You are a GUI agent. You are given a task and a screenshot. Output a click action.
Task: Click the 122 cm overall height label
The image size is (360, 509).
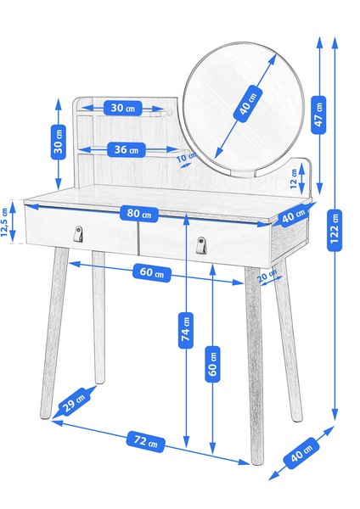click(335, 230)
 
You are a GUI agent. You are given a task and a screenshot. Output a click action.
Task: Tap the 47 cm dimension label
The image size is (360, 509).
click(318, 115)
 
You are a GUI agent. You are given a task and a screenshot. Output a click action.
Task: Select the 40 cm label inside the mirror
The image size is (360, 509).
click(248, 103)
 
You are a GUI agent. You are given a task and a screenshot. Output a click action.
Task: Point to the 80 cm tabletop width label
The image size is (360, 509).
click(139, 214)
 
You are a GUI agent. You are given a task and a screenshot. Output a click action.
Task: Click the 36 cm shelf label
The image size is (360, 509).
click(126, 149)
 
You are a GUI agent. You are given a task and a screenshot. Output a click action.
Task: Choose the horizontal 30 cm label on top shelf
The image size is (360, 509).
click(123, 108)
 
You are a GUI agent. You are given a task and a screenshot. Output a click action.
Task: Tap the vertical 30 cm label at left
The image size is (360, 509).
click(59, 142)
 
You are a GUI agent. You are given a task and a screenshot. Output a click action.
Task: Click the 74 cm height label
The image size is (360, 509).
click(186, 331)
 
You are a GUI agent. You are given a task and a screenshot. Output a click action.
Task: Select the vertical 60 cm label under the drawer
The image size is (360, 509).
click(212, 364)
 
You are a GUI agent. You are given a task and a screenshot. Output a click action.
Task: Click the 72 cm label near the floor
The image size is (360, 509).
click(145, 441)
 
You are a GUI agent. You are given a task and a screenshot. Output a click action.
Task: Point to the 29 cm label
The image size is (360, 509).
click(74, 402)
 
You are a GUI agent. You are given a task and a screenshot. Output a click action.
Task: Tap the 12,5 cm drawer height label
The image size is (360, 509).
click(4, 222)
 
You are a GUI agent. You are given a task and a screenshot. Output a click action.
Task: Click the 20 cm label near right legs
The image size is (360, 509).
click(267, 277)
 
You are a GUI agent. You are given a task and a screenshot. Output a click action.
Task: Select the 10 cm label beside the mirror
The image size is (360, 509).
click(186, 158)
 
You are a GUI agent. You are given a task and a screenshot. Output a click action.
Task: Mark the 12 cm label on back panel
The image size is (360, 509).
click(294, 179)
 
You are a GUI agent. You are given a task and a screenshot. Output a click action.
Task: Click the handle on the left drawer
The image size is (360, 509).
click(77, 234)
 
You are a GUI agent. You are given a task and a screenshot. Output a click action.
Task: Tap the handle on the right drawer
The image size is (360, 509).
click(201, 245)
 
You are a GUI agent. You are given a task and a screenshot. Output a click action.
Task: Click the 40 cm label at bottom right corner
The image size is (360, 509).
click(301, 453)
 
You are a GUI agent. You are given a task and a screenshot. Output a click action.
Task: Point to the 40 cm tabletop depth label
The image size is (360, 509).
click(294, 216)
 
